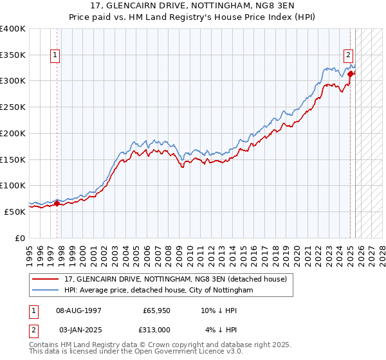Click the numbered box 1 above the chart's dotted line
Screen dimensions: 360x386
pyautogui.click(x=56, y=56)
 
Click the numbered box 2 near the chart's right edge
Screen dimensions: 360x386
pyautogui.click(x=348, y=55)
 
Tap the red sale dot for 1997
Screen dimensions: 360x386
pyautogui.click(x=57, y=204)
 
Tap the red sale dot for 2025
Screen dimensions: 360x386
pyautogui.click(x=351, y=74)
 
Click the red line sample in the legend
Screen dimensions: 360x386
pyautogui.click(x=46, y=279)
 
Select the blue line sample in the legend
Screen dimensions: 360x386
pyautogui.click(x=46, y=291)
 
